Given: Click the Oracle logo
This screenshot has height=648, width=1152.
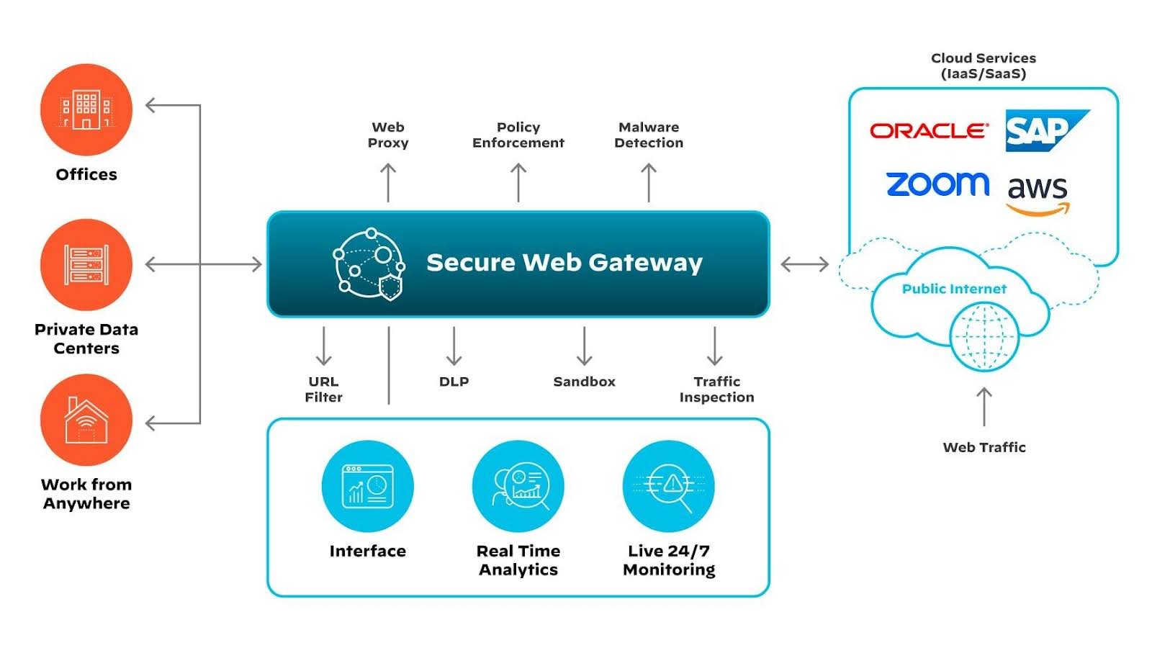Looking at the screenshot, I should click(x=928, y=131).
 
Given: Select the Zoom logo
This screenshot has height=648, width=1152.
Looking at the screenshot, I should click(x=937, y=184).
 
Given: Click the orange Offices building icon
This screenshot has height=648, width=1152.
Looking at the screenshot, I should click(x=86, y=109).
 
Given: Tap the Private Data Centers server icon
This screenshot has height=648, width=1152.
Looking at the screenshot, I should click(x=86, y=264).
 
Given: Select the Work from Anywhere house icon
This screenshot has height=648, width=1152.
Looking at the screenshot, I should click(x=86, y=420).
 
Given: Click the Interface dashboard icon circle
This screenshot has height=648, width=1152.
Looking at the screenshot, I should click(x=367, y=486).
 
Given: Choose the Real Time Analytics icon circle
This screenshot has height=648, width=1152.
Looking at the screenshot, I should click(x=518, y=486).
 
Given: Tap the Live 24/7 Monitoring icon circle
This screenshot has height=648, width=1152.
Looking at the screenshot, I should click(x=669, y=486).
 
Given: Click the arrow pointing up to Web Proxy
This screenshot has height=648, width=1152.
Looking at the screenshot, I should click(x=388, y=182).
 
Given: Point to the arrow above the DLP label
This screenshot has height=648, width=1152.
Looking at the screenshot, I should click(x=454, y=346).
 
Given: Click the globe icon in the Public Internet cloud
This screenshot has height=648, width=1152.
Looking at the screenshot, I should click(x=984, y=336).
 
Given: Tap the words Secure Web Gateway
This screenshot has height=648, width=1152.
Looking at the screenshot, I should click(x=564, y=263).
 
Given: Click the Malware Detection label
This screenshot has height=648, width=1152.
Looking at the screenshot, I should click(x=649, y=135).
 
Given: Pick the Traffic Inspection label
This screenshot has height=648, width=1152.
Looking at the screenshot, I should click(x=716, y=390).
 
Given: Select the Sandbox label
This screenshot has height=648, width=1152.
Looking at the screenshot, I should click(x=584, y=382).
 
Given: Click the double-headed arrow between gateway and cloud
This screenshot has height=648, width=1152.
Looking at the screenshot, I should click(x=804, y=264).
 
